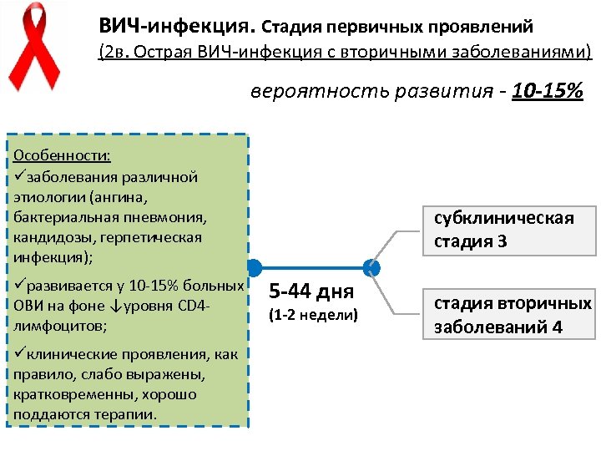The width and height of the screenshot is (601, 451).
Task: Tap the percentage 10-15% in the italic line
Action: (x=547, y=90)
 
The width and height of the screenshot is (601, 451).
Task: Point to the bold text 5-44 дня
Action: (x=311, y=291)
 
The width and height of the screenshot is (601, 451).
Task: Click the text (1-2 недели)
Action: (x=312, y=315)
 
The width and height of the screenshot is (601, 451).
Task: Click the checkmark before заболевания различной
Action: (x=19, y=177)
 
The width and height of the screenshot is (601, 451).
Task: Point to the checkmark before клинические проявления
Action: (x=19, y=354)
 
